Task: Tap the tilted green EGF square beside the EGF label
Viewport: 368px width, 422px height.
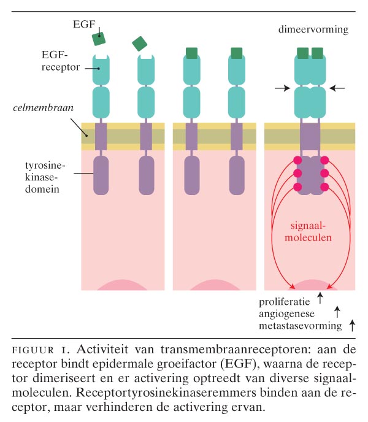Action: point(99,39)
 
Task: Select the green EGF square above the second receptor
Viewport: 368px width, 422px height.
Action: point(140,43)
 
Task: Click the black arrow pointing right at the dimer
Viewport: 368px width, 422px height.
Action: point(282,88)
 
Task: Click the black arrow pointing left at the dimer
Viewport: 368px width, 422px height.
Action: point(337,88)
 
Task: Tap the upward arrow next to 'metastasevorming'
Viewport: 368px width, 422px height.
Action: point(351,325)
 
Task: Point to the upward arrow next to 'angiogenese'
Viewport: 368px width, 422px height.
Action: point(336,312)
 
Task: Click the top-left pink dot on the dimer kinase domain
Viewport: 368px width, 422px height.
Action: point(298,160)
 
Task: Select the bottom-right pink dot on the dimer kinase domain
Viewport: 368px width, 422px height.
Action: point(324,186)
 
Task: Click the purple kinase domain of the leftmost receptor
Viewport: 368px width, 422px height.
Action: point(101,174)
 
